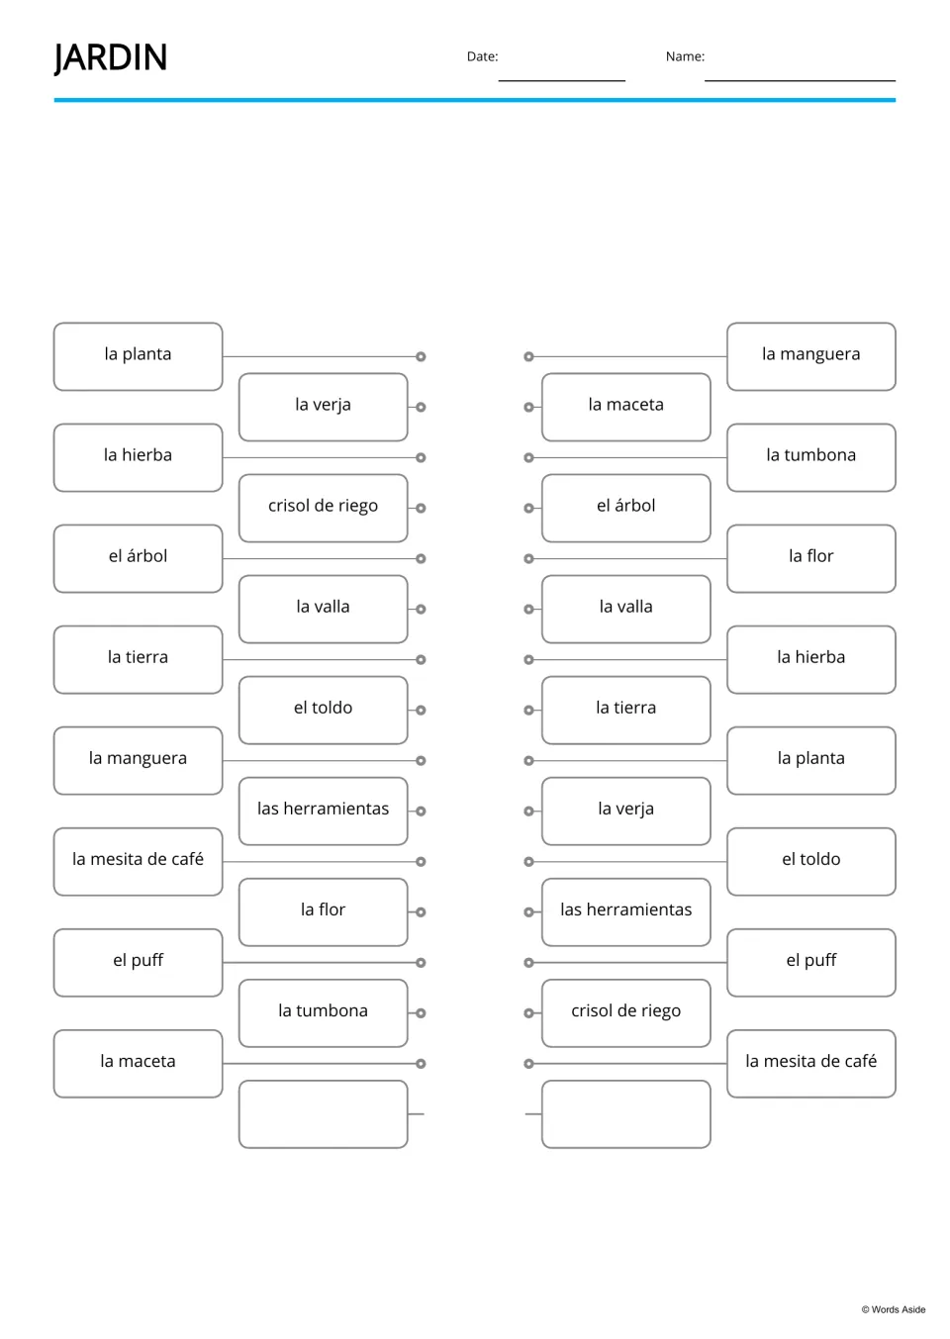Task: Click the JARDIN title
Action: (x=111, y=58)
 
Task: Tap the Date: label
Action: (x=482, y=56)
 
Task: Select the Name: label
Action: (x=685, y=56)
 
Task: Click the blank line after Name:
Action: (x=800, y=80)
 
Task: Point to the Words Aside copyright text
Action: (x=894, y=1309)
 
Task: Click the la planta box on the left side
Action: (x=139, y=356)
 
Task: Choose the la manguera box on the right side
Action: (x=811, y=356)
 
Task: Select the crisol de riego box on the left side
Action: (x=324, y=508)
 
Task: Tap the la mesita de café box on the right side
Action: (x=811, y=1064)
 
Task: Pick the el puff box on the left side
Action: (x=139, y=962)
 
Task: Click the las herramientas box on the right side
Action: (x=626, y=912)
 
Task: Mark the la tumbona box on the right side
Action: (x=811, y=457)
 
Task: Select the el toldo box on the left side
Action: (x=324, y=711)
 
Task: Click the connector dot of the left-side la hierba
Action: (x=421, y=457)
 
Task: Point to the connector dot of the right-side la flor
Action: (x=528, y=558)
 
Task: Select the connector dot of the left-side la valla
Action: (x=421, y=609)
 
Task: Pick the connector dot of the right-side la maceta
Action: (x=528, y=407)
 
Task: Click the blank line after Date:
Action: (x=562, y=80)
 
